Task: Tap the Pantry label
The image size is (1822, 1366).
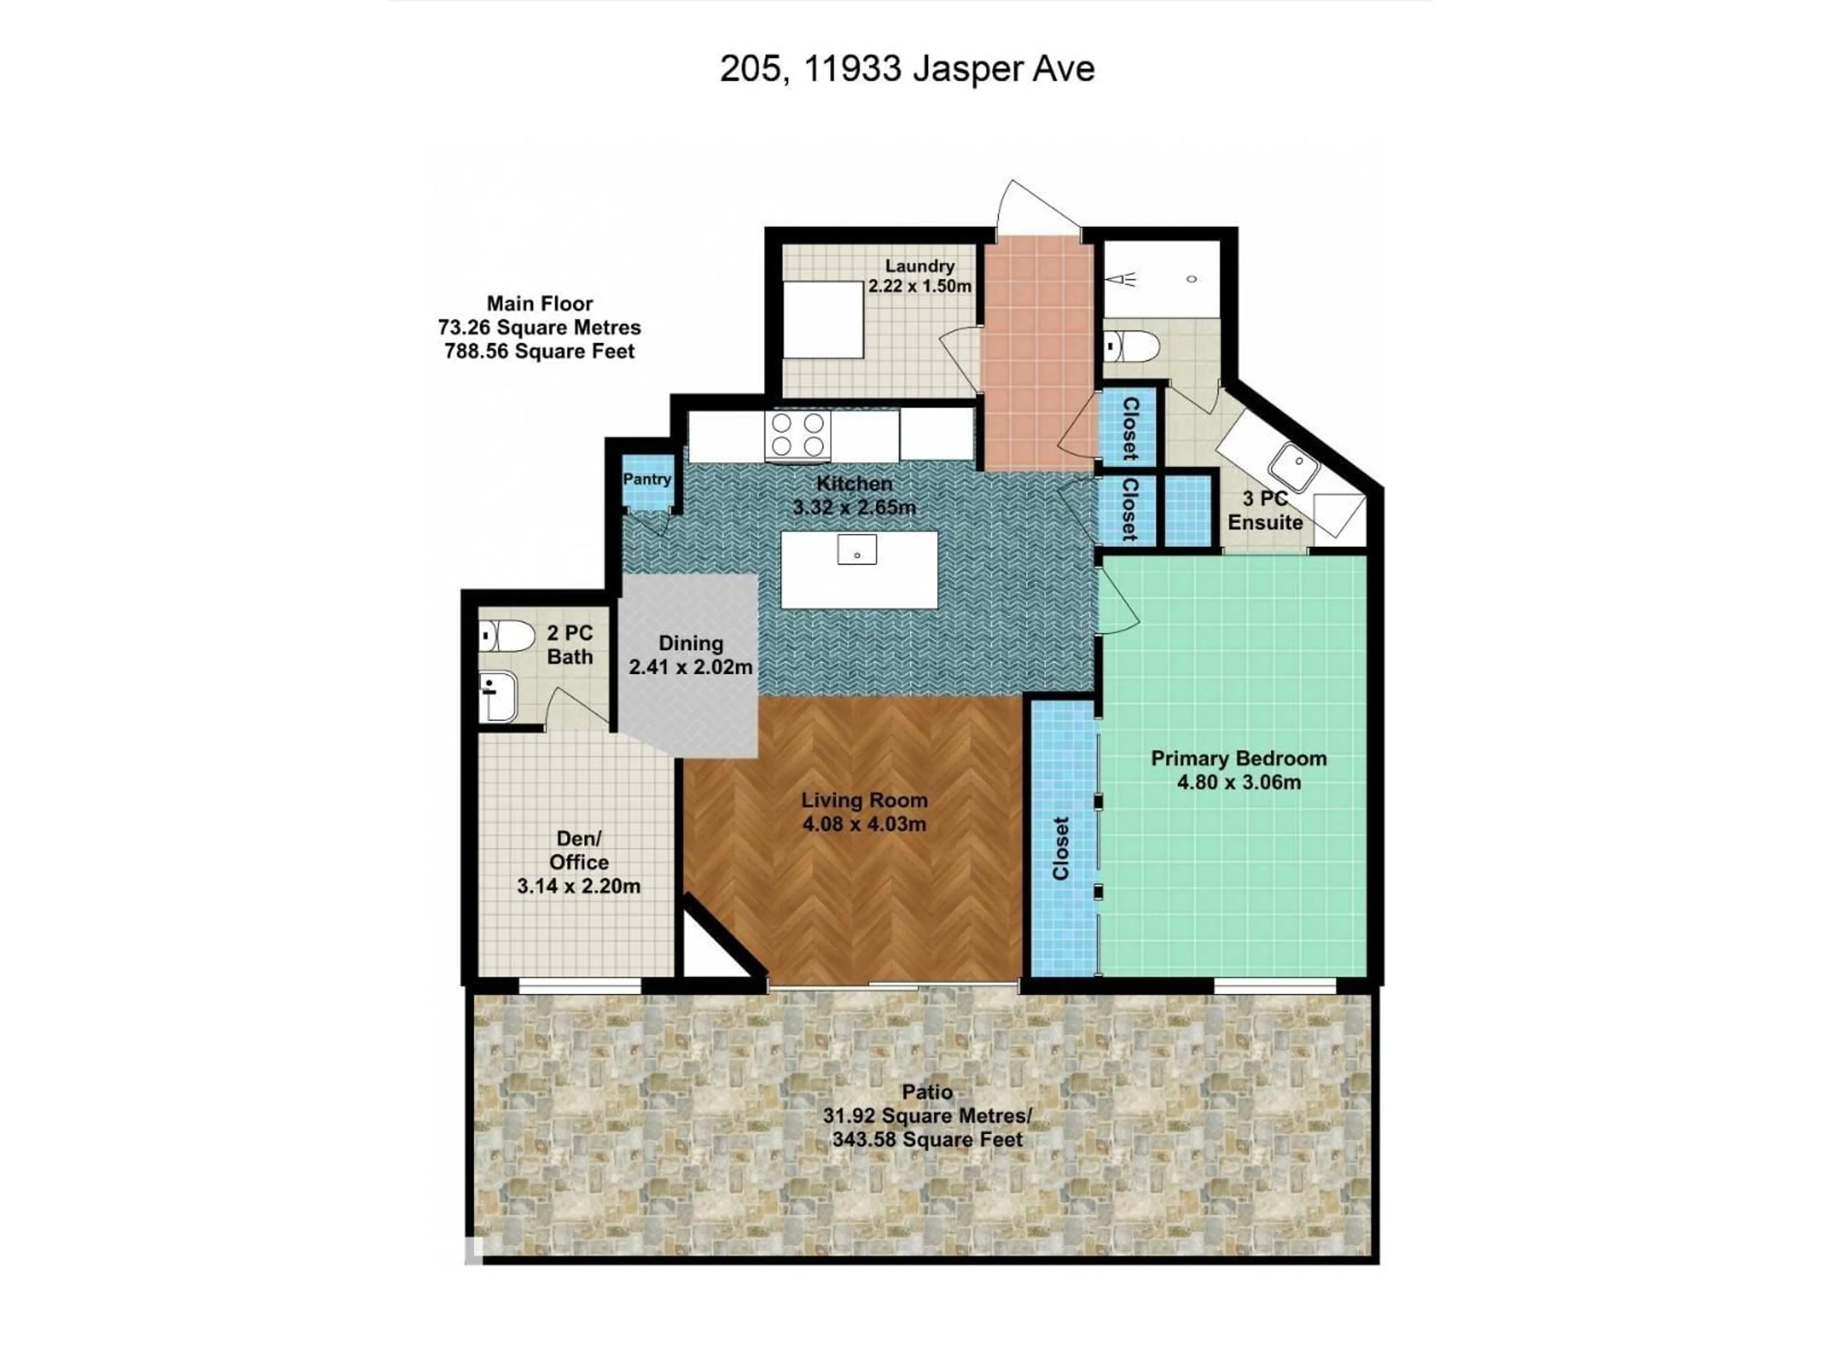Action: click(x=647, y=479)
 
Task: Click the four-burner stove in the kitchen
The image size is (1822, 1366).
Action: click(x=797, y=435)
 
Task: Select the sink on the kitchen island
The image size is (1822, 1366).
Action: click(x=856, y=549)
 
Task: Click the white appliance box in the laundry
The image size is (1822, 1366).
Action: click(x=823, y=320)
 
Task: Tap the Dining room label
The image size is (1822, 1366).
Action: click(x=690, y=644)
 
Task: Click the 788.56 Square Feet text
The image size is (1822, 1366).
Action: click(x=539, y=351)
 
